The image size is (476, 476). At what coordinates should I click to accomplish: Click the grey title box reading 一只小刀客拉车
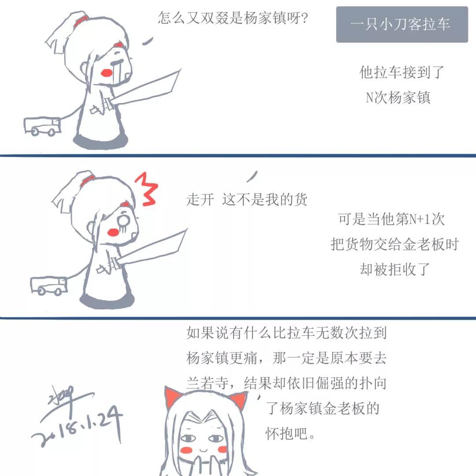pyautogui.click(x=402, y=24)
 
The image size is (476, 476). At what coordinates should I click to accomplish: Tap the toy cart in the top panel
pyautogui.click(x=42, y=126)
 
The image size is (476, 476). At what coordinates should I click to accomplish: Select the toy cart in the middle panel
pyautogui.click(x=48, y=286)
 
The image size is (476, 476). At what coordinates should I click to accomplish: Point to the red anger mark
pyautogui.click(x=146, y=189)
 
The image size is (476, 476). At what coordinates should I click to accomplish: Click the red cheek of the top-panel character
pyautogui.click(x=107, y=73)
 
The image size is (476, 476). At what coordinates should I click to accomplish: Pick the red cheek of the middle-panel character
pyautogui.click(x=113, y=232)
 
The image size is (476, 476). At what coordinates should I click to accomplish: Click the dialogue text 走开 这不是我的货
pyautogui.click(x=246, y=200)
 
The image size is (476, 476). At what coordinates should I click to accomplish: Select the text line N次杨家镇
pyautogui.click(x=398, y=97)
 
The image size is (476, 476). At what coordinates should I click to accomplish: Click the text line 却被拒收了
pyautogui.click(x=394, y=269)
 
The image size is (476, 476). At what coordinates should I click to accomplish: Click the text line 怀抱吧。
pyautogui.click(x=290, y=433)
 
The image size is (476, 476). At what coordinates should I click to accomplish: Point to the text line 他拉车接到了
pyautogui.click(x=402, y=72)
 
